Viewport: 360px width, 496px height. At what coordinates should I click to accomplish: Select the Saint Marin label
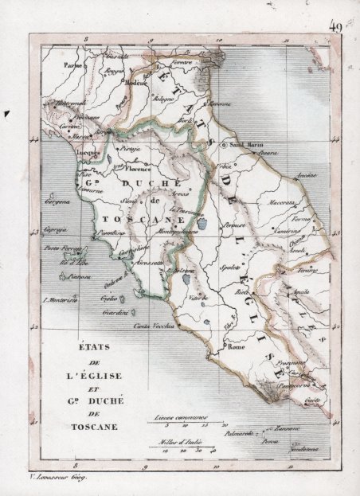245,146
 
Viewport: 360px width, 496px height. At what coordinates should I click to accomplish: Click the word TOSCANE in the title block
95,427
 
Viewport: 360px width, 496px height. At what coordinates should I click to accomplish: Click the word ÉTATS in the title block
95,347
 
